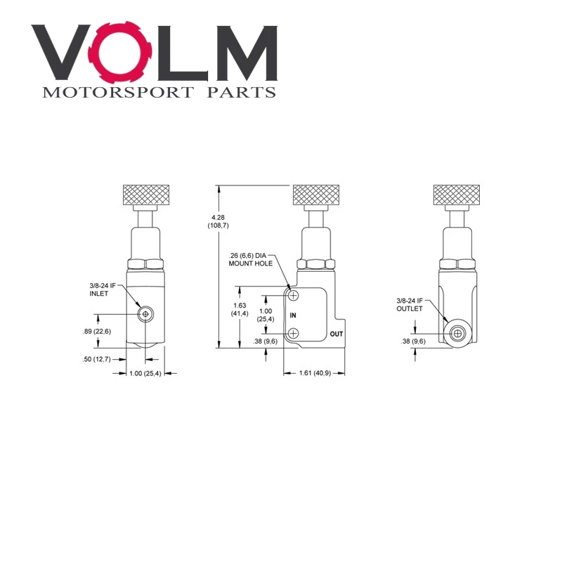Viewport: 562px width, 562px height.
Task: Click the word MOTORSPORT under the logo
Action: tap(118, 93)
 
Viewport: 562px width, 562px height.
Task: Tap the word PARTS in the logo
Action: tap(242, 93)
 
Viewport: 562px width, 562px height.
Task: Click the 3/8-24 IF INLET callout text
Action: tap(102, 289)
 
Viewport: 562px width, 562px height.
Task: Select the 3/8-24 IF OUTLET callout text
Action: tap(410, 305)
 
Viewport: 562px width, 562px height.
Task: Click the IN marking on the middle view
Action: tap(293, 315)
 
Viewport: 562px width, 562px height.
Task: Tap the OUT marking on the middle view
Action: tap(336, 334)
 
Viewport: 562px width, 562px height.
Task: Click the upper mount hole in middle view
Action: tap(293, 296)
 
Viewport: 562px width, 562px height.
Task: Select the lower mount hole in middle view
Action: tap(293, 334)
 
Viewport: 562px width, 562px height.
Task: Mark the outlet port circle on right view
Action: tap(457, 334)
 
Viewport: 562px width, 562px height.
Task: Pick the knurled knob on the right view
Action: tap(456, 195)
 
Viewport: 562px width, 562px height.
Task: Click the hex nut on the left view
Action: tap(145, 265)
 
